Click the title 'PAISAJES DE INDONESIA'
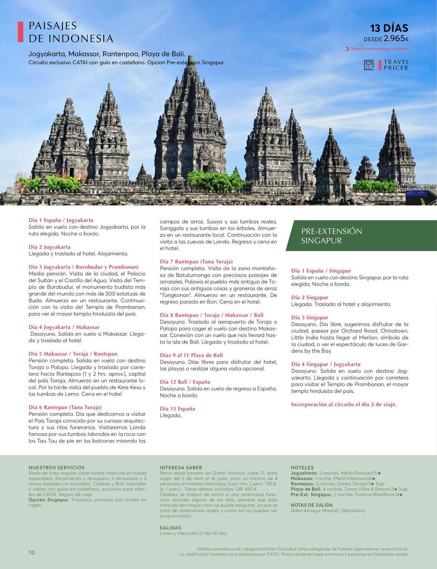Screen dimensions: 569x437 click(x=71, y=32)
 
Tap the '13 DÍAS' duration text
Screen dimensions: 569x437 click(x=389, y=28)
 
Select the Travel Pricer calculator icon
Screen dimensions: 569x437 click(x=369, y=65)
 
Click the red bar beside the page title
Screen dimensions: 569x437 click(x=20, y=32)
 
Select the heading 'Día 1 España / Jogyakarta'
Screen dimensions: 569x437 click(x=61, y=220)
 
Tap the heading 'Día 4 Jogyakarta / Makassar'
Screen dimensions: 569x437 click(x=64, y=327)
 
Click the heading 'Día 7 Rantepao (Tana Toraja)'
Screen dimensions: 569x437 click(x=196, y=262)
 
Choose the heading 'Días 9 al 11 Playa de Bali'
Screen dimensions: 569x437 click(x=191, y=355)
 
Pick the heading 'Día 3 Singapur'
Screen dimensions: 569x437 click(x=310, y=318)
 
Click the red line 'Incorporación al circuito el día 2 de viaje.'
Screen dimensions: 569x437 click(x=344, y=404)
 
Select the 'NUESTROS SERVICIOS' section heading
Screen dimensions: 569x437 click(x=56, y=468)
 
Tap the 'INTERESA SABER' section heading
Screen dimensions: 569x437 click(x=181, y=468)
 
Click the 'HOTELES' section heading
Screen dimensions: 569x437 click(x=302, y=468)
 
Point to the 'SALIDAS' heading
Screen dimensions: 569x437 click(x=170, y=528)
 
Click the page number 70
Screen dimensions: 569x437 click(x=31, y=553)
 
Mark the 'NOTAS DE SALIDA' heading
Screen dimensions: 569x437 click(x=312, y=505)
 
